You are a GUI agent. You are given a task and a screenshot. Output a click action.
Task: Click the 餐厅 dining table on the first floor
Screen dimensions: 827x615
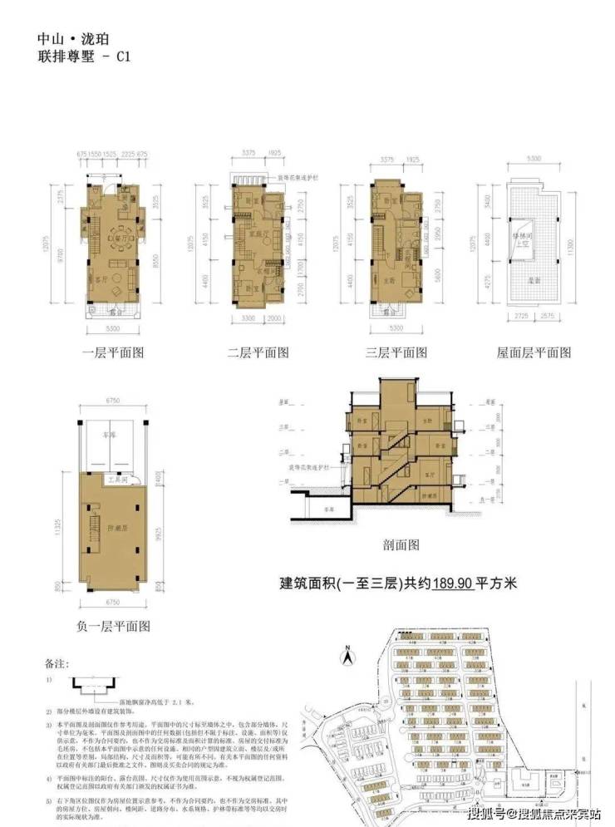pos(125,228)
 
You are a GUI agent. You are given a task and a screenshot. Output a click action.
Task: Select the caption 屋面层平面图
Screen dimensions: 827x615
pos(534,352)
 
